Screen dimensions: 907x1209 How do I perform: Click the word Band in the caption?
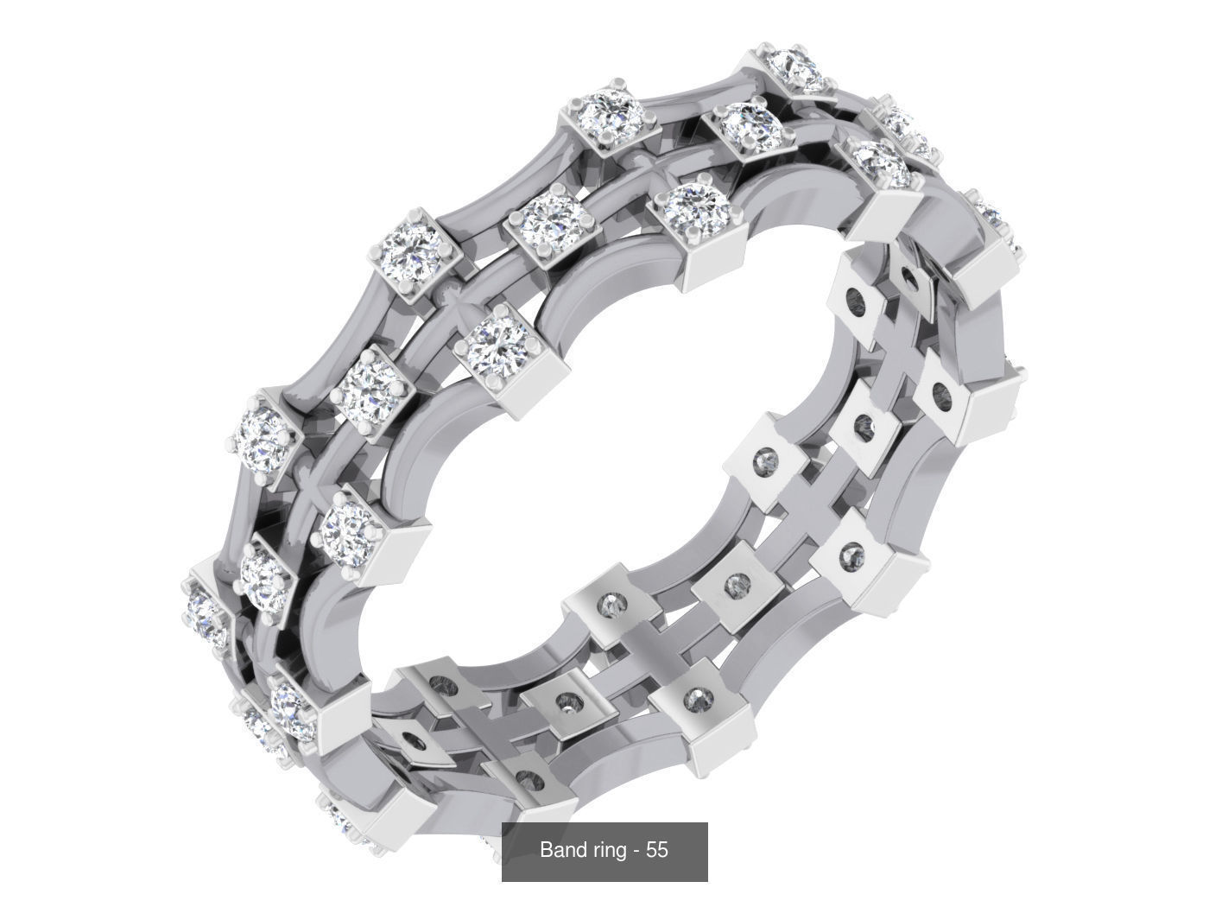click(x=561, y=850)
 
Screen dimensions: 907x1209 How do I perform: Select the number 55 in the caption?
click(x=656, y=850)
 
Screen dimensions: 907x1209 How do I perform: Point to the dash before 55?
click(x=636, y=851)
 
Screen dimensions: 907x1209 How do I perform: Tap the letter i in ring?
click(x=600, y=850)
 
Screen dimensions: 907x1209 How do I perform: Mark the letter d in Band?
click(x=578, y=850)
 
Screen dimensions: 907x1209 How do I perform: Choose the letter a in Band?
click(x=558, y=852)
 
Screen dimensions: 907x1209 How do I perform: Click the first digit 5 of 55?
click(x=650, y=850)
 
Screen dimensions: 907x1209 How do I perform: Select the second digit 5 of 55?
click(x=662, y=850)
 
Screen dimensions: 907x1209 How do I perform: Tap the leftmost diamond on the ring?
click(x=206, y=611)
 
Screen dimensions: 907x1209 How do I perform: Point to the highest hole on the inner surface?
click(x=909, y=278)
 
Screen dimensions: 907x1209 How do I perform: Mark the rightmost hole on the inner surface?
click(x=943, y=399)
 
